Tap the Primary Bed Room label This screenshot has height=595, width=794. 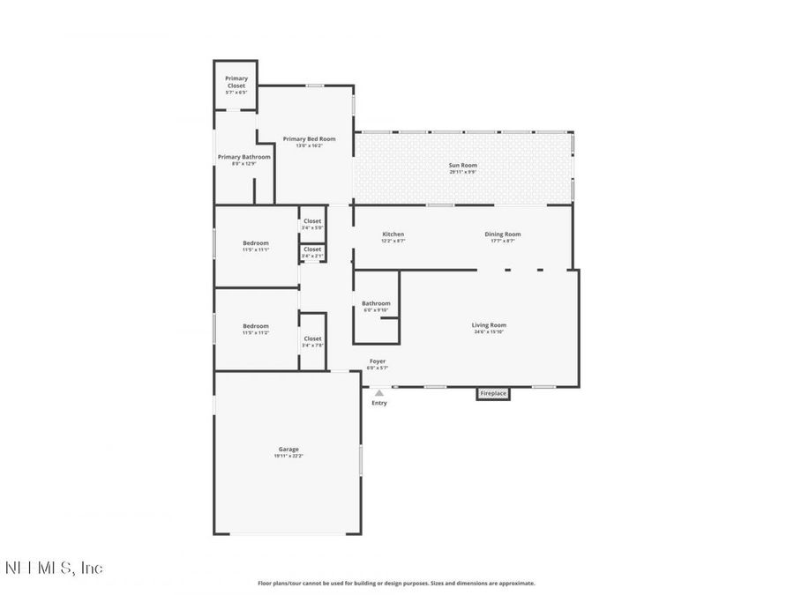[309, 138]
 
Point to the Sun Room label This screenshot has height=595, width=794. [462, 165]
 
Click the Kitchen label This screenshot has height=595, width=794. [393, 234]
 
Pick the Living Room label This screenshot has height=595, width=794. [489, 324]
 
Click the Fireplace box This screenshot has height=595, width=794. [493, 393]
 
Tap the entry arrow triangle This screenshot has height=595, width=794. [379, 393]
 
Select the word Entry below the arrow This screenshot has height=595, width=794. [379, 403]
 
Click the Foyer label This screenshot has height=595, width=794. [377, 361]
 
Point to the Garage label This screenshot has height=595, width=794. [288, 449]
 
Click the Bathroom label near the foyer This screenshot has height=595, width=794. [376, 303]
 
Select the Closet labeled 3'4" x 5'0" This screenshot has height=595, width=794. [312, 221]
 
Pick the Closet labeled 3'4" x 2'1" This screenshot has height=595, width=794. [312, 249]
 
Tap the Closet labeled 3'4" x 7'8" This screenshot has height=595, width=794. [312, 338]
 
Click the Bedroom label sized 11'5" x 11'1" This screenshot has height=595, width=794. [256, 242]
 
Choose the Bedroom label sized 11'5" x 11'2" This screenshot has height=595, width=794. [256, 325]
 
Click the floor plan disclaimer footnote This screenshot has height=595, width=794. [396, 583]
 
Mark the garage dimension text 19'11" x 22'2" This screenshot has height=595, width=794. [288, 456]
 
